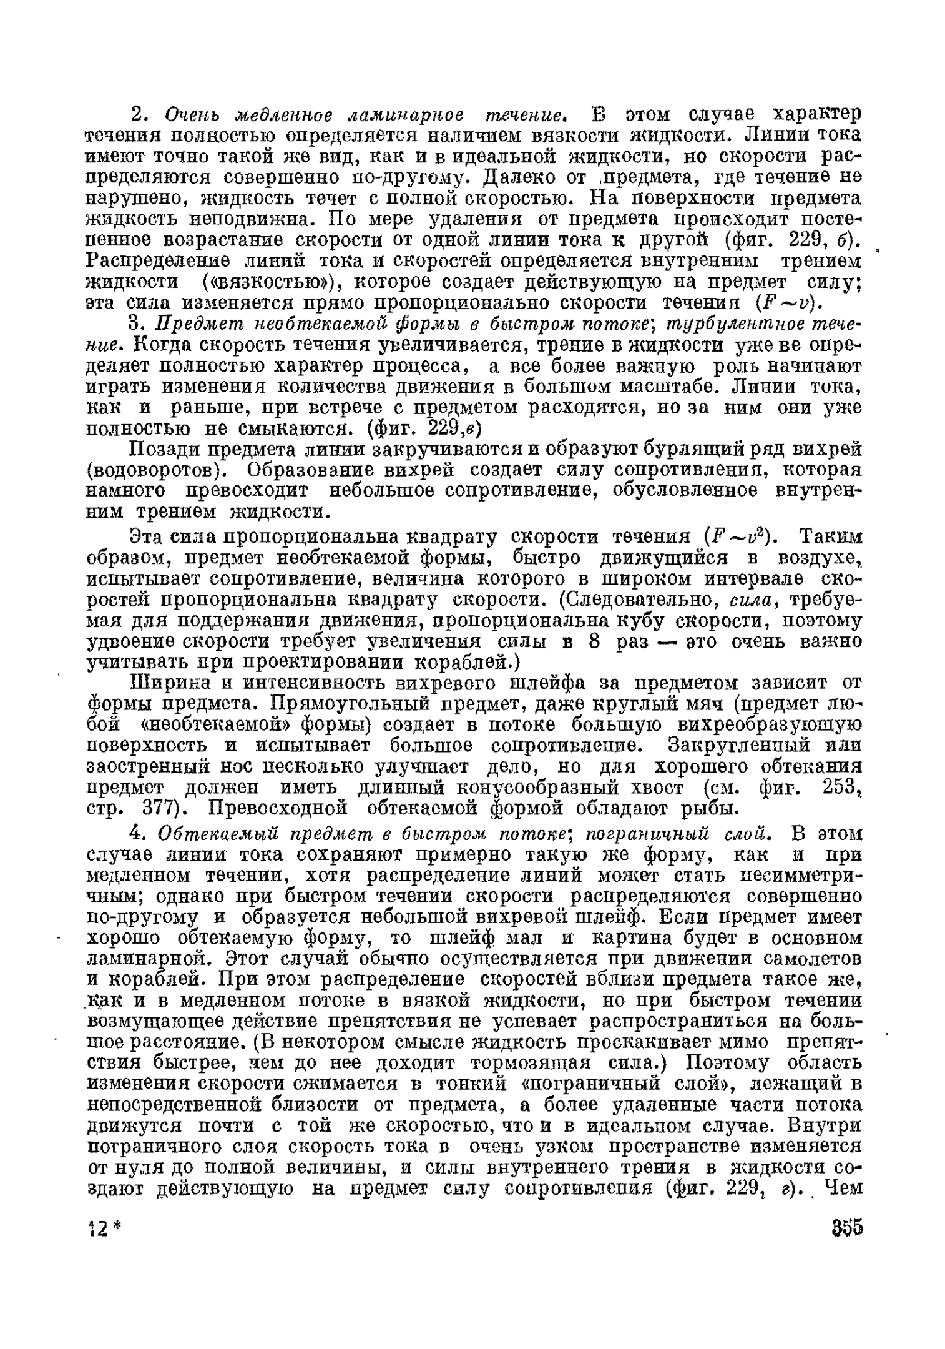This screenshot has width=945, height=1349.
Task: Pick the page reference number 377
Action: click(x=163, y=809)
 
